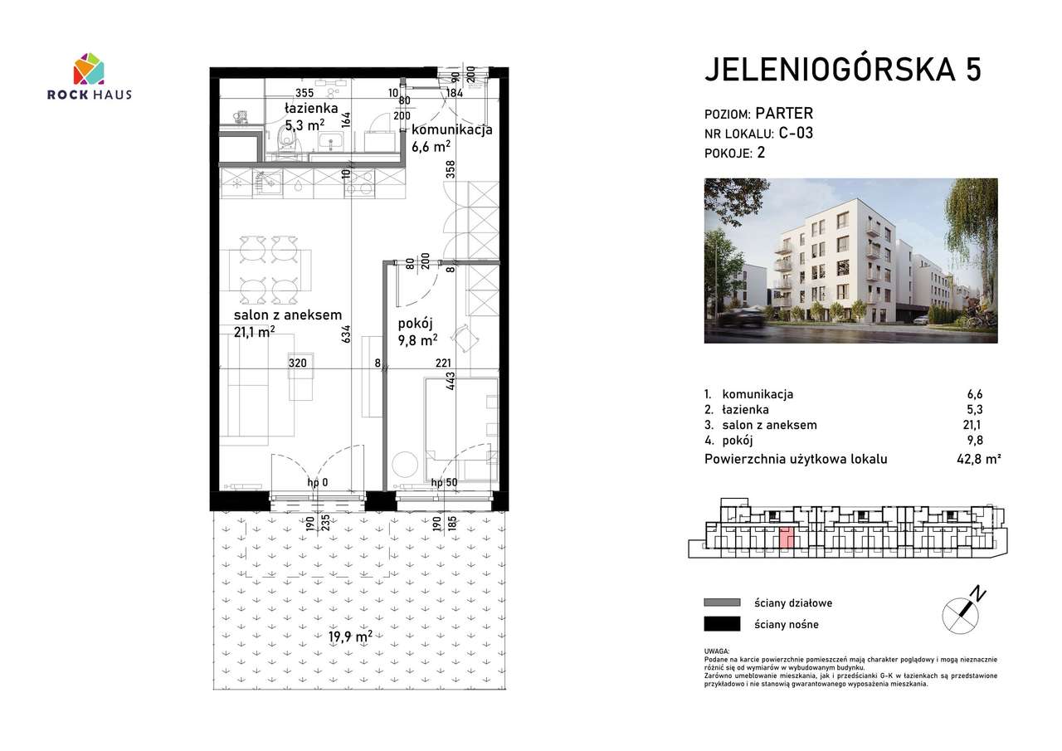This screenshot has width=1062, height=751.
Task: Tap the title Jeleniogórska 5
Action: coord(842,71)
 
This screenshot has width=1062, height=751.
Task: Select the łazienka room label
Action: coord(310,109)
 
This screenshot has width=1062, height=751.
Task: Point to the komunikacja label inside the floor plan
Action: coord(452,129)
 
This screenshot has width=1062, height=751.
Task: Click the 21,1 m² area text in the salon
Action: coord(254,332)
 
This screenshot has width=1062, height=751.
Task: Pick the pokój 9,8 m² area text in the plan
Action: coord(417,339)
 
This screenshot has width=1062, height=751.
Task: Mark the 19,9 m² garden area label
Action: coord(349,637)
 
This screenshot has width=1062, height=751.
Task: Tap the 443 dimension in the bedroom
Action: coord(451,382)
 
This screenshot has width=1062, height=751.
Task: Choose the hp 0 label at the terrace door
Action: coord(318,482)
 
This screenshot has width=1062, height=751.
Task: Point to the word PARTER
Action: coord(785,114)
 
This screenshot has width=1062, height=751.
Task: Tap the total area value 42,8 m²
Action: coord(979,459)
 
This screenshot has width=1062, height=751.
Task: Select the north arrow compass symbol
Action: coord(963,610)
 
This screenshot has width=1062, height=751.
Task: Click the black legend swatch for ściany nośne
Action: coord(721,624)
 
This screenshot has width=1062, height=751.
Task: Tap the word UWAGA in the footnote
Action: coord(716,652)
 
